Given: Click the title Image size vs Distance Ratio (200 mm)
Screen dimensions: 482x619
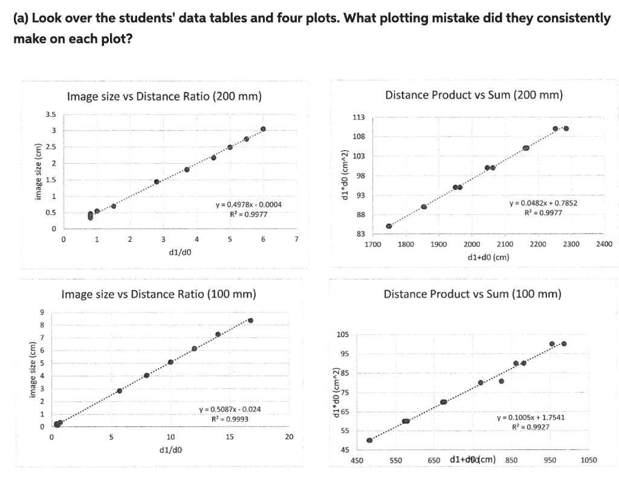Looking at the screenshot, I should [x=164, y=96].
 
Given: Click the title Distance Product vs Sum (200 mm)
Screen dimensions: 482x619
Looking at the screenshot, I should [x=473, y=95].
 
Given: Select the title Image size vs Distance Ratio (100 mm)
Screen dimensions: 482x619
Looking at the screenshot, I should [x=159, y=295].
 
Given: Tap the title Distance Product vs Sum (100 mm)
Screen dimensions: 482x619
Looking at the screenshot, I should [x=473, y=294].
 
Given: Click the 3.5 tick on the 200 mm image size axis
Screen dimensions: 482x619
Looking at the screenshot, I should [x=51, y=114].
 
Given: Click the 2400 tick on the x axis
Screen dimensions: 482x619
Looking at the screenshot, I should [x=604, y=244].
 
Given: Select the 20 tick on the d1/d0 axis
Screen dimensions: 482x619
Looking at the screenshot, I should [x=289, y=437].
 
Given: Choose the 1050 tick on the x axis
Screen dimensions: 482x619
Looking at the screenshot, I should [x=588, y=460].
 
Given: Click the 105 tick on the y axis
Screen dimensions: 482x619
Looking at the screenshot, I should [x=343, y=334].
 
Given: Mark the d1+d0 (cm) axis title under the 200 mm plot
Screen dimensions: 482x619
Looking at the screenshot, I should [x=489, y=256].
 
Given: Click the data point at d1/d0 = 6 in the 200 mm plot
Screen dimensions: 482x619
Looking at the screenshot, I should [x=263, y=129].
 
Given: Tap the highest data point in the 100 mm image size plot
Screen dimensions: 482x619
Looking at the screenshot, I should [x=250, y=321].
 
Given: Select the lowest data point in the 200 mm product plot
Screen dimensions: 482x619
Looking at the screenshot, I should [x=389, y=226].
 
